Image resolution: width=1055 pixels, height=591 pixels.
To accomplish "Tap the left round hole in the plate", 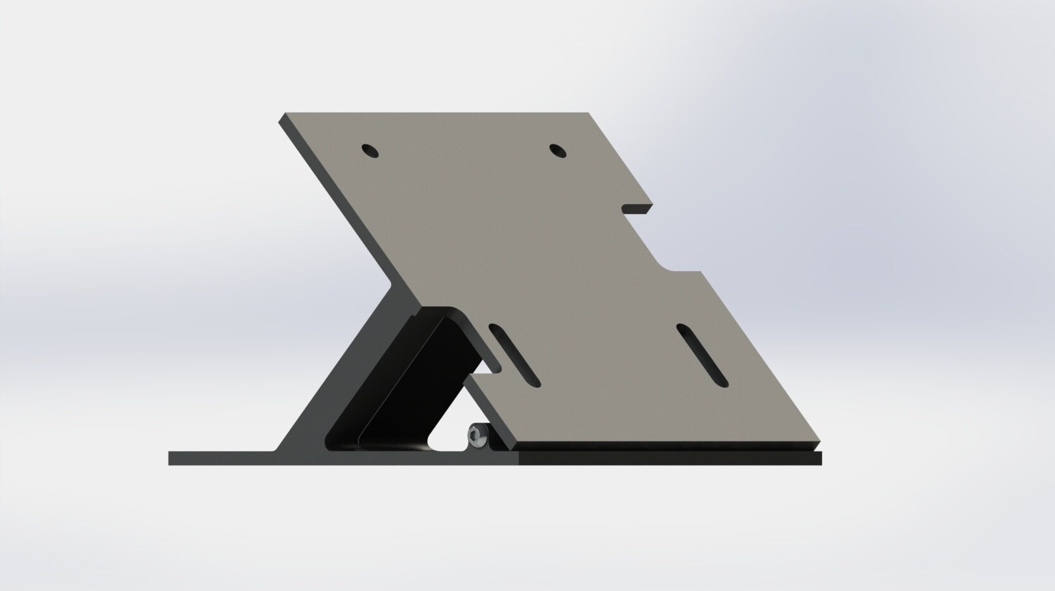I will click(370, 151).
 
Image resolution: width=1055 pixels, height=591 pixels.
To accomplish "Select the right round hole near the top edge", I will click(558, 151).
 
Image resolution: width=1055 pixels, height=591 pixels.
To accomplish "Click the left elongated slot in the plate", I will click(515, 355).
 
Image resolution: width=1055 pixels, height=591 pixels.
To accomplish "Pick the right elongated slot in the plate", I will click(702, 355).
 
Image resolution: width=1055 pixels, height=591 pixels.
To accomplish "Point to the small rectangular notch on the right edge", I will click(637, 208).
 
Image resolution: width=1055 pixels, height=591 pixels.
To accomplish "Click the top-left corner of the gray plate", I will click(282, 115).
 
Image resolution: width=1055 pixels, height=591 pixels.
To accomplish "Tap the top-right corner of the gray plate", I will click(588, 114).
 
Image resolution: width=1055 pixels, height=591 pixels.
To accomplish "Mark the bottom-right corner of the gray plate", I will click(819, 441).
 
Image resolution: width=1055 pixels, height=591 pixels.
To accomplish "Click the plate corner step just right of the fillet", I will click(699, 273).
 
